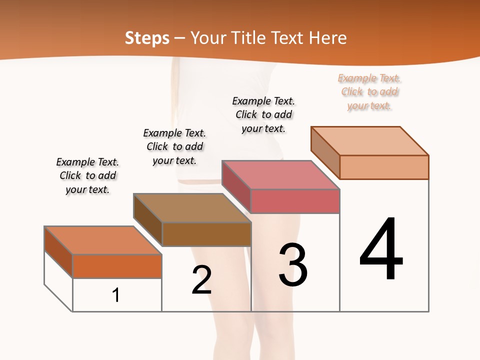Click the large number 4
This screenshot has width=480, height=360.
(381, 250)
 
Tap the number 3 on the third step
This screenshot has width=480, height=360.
(293, 265)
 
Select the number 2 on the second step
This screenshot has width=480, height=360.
(201, 280)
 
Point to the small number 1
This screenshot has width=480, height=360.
(116, 295)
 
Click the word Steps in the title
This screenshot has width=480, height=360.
(147, 38)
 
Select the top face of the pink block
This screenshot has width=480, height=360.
(280, 175)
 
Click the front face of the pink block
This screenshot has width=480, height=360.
(295, 201)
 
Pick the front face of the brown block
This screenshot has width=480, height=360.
(206, 234)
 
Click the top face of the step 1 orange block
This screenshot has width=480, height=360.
(103, 240)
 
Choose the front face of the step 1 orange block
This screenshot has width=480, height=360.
(117, 266)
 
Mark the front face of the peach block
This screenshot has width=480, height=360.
(384, 167)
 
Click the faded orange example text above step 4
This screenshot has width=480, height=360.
(369, 92)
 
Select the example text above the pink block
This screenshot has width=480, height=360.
(263, 114)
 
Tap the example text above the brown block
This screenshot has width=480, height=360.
(174, 146)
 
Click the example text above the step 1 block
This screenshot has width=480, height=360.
(87, 175)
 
